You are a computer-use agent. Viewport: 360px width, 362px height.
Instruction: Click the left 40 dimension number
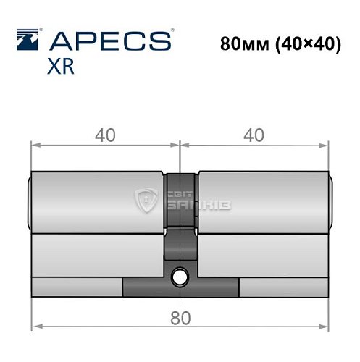(106, 134)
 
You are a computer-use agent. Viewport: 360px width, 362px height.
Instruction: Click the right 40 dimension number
(253, 134)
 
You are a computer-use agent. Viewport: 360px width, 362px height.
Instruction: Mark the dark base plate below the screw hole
(180, 288)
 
